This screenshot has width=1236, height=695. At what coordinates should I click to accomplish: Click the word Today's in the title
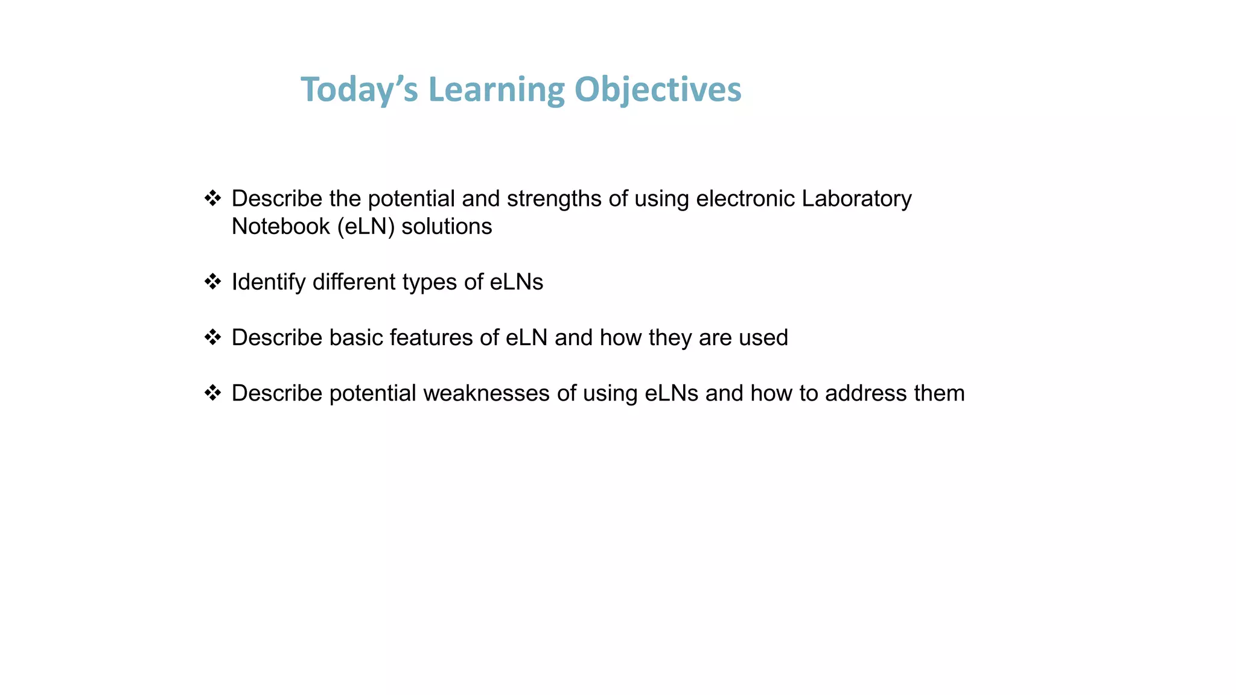coord(359,89)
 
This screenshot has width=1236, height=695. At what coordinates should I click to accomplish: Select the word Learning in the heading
coord(496,89)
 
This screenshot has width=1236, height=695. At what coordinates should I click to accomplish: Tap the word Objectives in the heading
coord(657,89)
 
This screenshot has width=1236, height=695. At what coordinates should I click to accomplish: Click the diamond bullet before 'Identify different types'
coord(212,281)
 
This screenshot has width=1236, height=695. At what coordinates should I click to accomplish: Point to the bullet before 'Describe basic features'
coord(212,337)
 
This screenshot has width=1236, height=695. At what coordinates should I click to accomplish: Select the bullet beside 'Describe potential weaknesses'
coord(212,393)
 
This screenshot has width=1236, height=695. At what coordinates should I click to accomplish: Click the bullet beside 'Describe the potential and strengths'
coord(212,198)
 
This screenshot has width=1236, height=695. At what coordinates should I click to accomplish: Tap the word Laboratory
coord(856,198)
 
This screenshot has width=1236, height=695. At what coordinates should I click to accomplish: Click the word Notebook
coord(281,226)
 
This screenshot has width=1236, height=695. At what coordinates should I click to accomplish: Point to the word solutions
coord(447,226)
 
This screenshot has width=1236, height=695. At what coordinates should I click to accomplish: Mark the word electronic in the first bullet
coord(745,198)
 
